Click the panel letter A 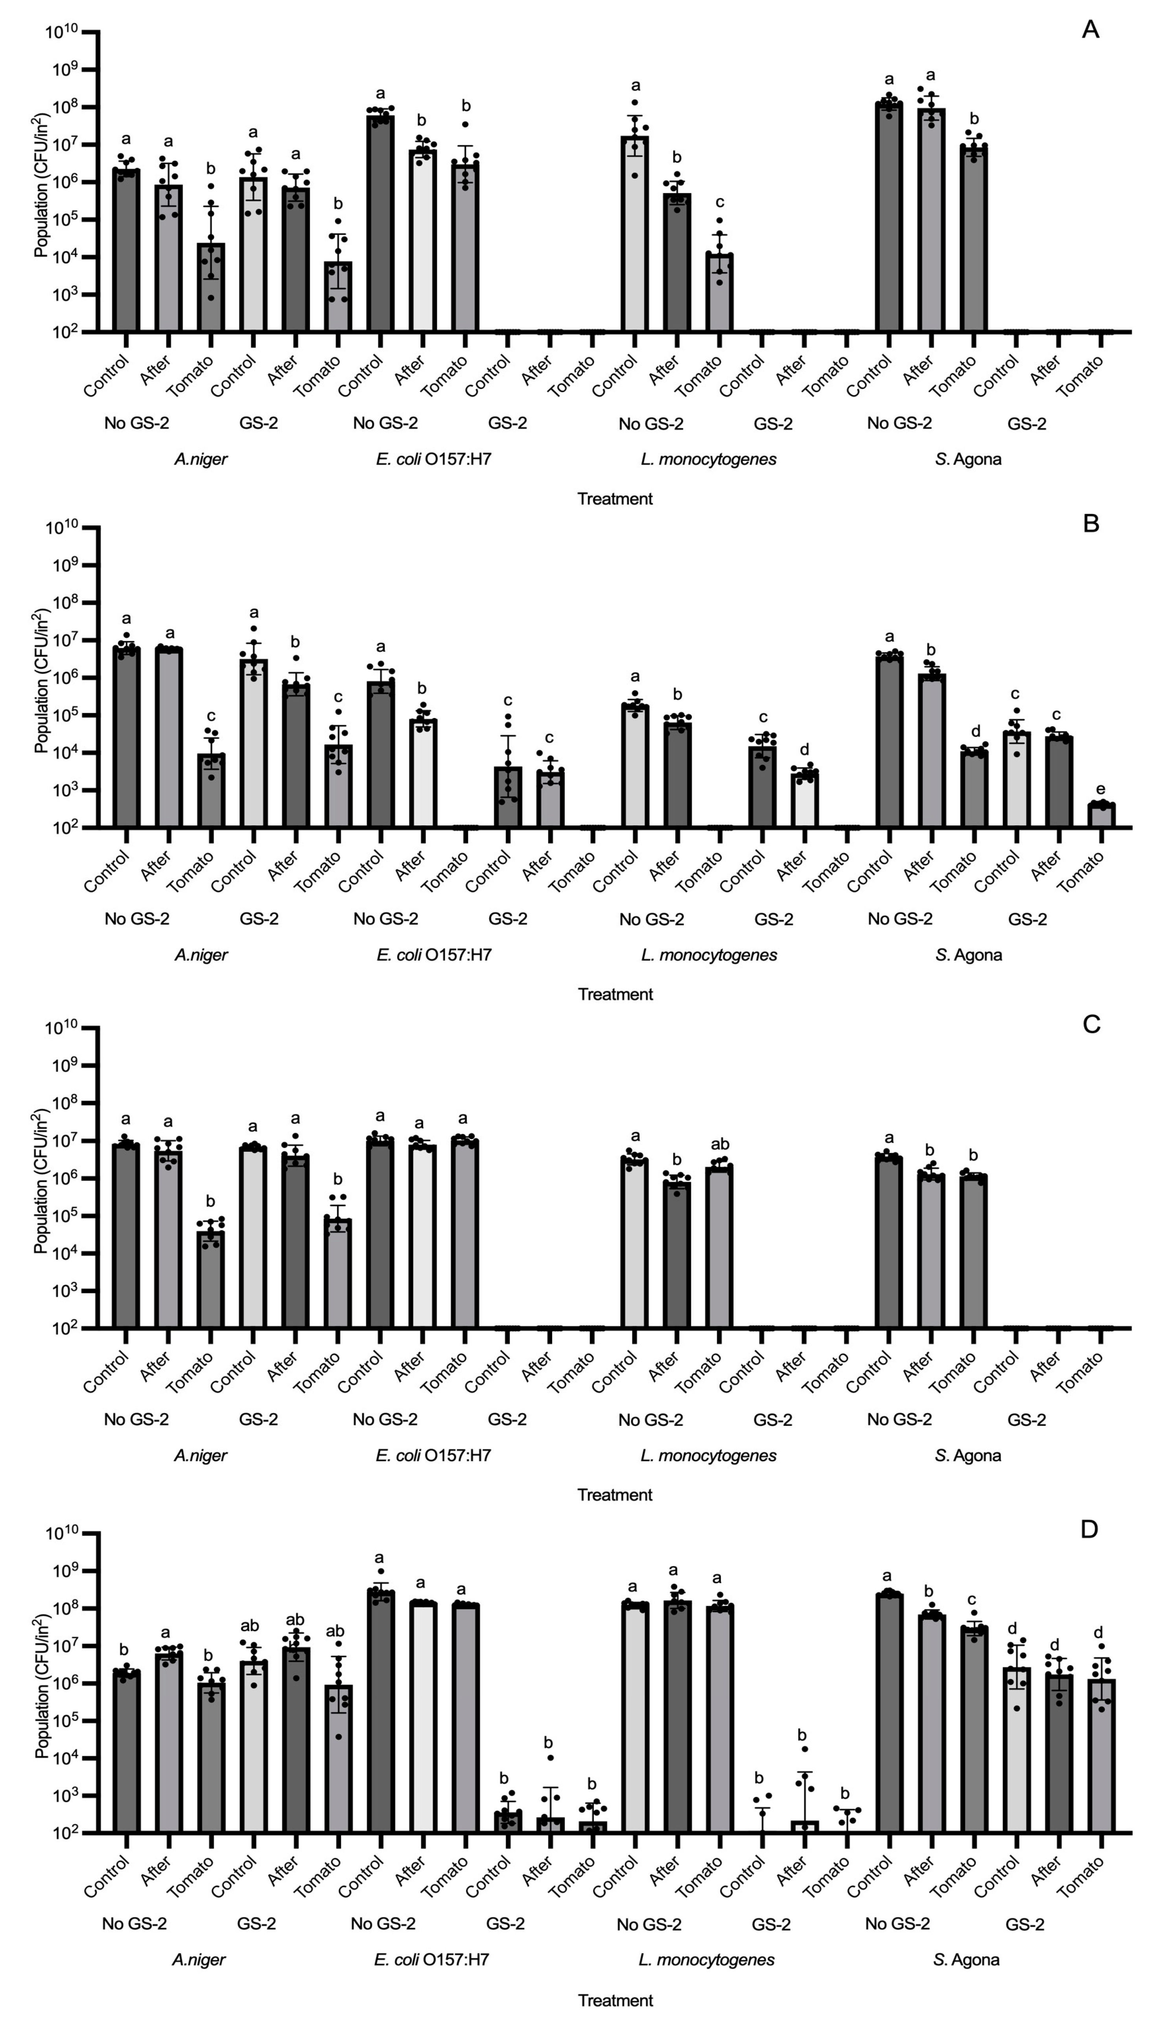coord(1090,30)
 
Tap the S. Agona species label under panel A coord(968,459)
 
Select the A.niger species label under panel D coord(199,1959)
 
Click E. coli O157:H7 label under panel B coord(434,955)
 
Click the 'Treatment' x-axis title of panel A coord(615,499)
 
